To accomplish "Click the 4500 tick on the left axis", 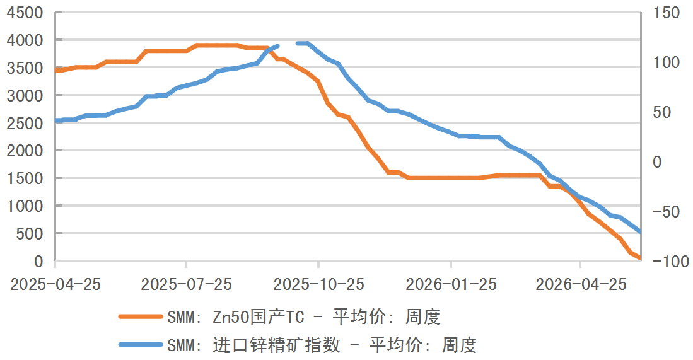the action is (25, 13).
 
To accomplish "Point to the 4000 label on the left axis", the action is (25, 40).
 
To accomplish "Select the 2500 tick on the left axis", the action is (25, 123).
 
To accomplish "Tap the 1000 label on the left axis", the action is (25, 206).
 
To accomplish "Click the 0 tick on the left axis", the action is (39, 261).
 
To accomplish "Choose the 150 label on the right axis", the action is (667, 13).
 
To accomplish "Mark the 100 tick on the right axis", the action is (667, 62).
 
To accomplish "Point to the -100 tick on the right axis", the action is (671, 261).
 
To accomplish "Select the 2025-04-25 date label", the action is (55, 284).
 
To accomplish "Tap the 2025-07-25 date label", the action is (187, 284).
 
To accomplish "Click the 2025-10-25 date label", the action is (318, 284).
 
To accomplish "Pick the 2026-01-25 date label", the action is (451, 284).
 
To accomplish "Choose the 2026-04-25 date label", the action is (581, 284).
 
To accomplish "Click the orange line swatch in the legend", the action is (141, 316).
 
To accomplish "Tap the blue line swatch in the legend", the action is (141, 344).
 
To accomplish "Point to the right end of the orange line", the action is (640, 258).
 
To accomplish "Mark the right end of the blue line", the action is (640, 231).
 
